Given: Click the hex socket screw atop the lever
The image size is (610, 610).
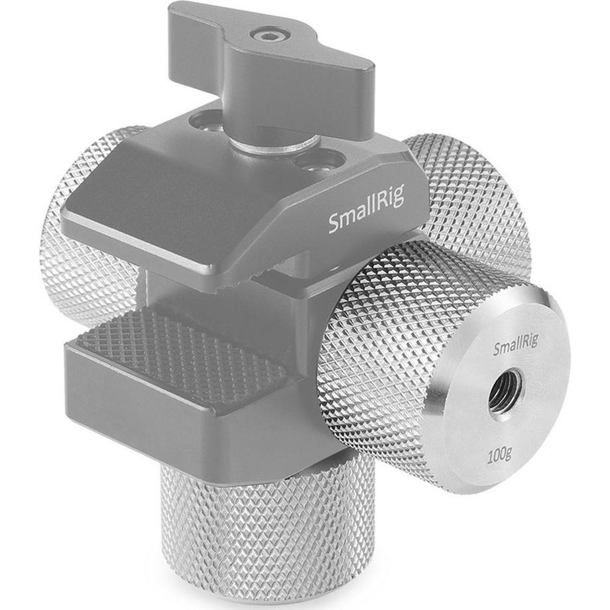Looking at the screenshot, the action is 266,36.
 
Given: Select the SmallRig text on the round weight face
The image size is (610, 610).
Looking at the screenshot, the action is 516,344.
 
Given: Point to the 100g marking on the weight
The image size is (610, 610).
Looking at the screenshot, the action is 499,454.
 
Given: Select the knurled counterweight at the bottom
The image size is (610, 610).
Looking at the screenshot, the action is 269,533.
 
